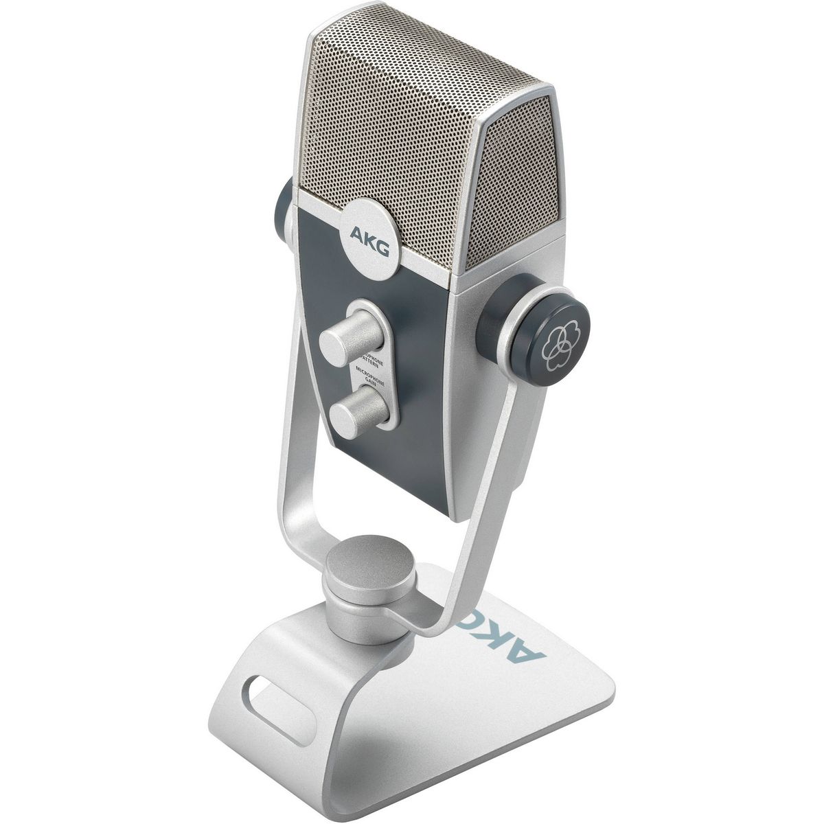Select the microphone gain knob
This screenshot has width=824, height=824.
[x=354, y=411]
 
